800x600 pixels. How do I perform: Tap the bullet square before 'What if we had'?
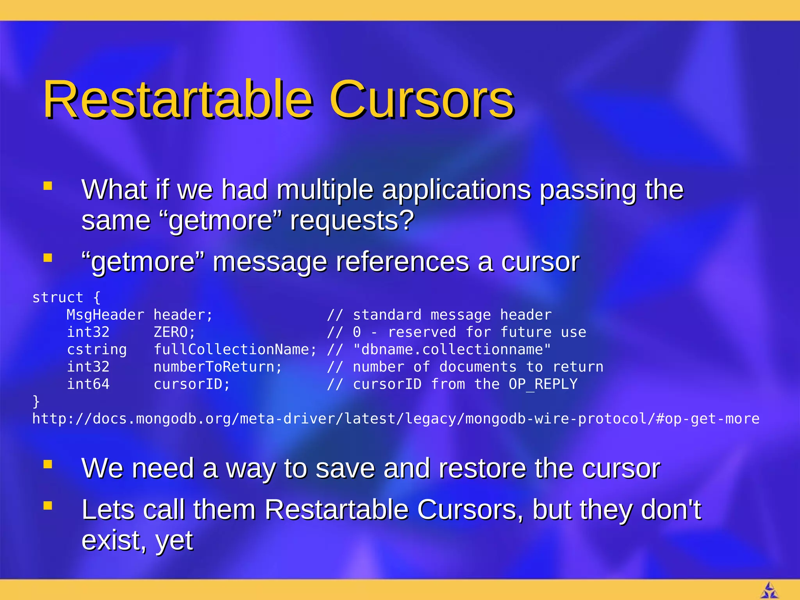pyautogui.click(x=48, y=186)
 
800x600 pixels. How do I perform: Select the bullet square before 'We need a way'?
pyautogui.click(x=48, y=464)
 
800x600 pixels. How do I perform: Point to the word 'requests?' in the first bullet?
pyautogui.click(x=352, y=221)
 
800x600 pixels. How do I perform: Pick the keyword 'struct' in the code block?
pyautogui.click(x=57, y=298)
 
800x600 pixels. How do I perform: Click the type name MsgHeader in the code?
pyautogui.click(x=105, y=315)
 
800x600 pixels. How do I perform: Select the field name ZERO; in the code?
pyautogui.click(x=174, y=332)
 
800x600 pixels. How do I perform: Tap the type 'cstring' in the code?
pyautogui.click(x=96, y=350)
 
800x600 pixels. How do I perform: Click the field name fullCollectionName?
pyautogui.click(x=235, y=350)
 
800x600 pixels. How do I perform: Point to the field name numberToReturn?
pyautogui.click(x=218, y=367)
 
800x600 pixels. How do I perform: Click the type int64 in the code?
pyautogui.click(x=88, y=384)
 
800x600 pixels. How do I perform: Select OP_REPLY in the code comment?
pyautogui.click(x=543, y=384)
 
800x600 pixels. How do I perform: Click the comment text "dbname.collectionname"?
pyautogui.click(x=452, y=350)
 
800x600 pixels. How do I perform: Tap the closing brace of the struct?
pyautogui.click(x=36, y=401)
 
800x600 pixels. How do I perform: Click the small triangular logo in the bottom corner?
pyautogui.click(x=770, y=590)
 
